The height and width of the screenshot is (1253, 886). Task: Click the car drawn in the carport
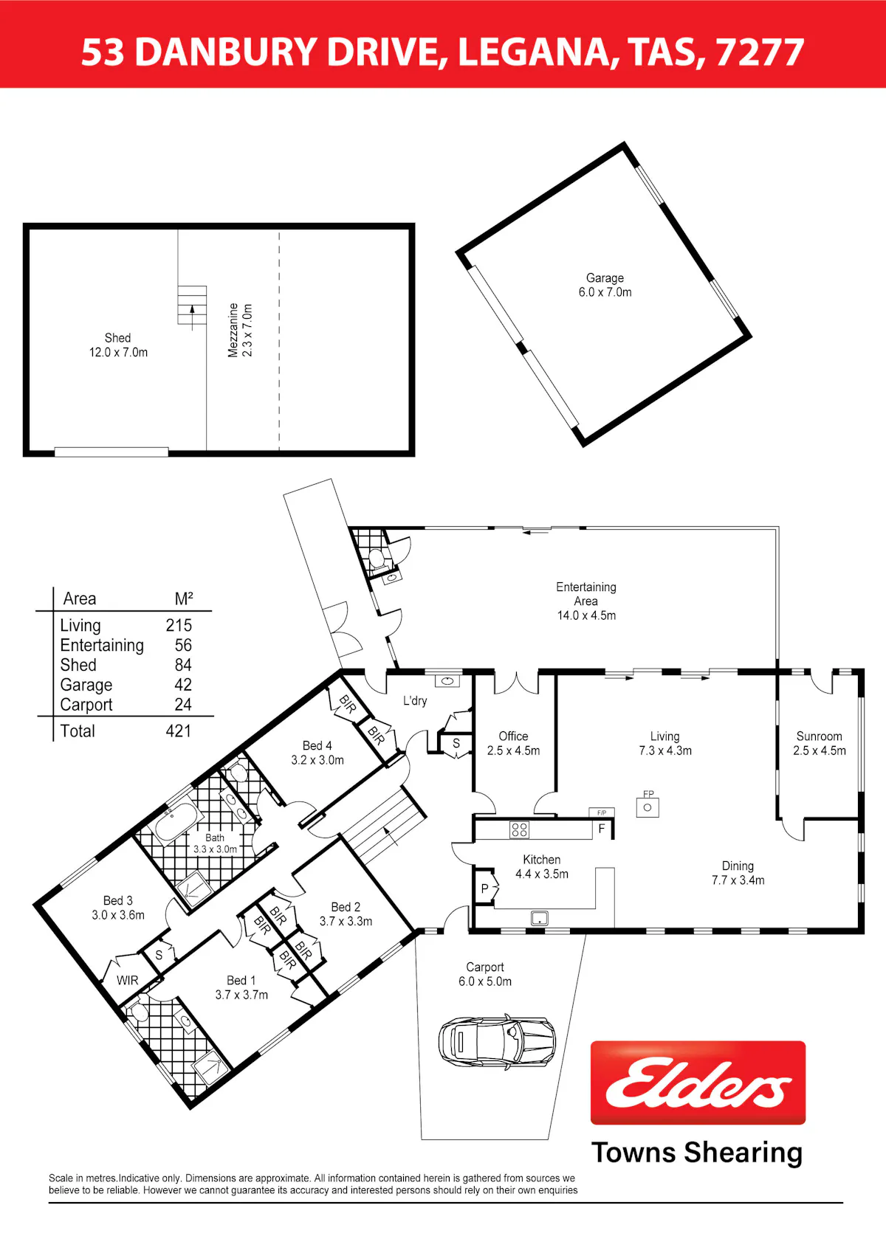[x=497, y=1039]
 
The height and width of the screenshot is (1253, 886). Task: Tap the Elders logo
[x=698, y=1083]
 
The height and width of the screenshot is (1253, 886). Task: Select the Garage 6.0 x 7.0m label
[x=605, y=285]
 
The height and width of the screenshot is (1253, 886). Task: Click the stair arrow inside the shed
[x=192, y=317]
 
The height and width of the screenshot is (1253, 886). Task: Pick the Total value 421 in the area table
[x=179, y=731]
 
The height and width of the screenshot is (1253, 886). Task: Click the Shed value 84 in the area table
[x=183, y=665]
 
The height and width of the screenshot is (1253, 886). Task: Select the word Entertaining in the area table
[x=102, y=646]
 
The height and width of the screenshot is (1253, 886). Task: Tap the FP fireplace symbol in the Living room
[x=648, y=804]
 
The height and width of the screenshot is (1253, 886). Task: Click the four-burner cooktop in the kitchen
[x=519, y=829]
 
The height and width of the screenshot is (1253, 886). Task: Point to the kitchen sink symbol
[x=540, y=918]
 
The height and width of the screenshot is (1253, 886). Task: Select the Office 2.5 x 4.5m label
[x=513, y=743]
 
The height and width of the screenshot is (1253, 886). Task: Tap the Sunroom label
[x=819, y=736]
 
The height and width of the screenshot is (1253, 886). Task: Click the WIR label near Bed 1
[x=128, y=980]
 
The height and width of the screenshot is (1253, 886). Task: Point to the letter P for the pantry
[x=484, y=888]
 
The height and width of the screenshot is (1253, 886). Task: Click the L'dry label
[x=415, y=700]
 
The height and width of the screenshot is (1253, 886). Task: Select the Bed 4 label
[x=317, y=745]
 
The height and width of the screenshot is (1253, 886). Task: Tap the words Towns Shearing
[x=697, y=1153]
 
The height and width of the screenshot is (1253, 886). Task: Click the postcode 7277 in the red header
[x=760, y=52]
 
